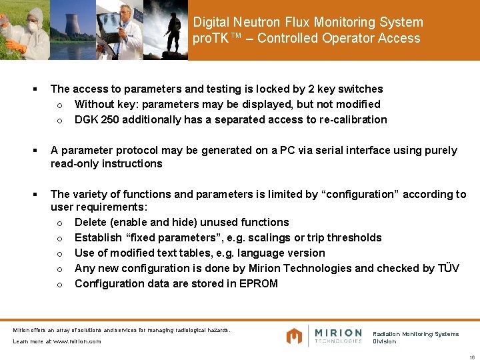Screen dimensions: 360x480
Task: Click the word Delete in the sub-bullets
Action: [x=91, y=222]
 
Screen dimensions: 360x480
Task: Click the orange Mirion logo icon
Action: [x=294, y=336]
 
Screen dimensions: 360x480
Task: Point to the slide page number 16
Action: [x=471, y=355]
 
